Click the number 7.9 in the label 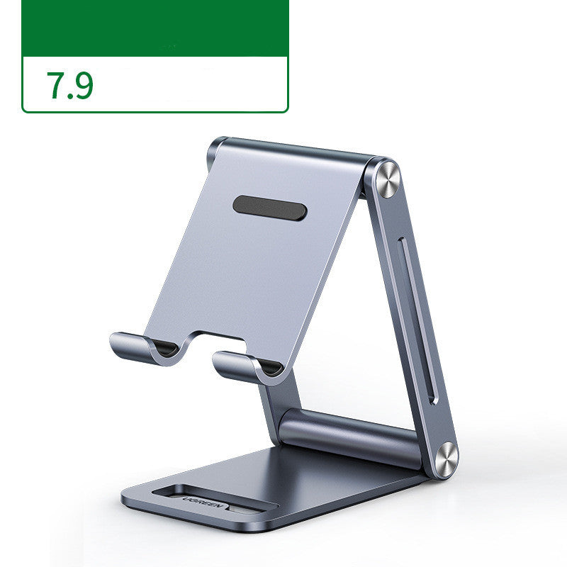coord(69,85)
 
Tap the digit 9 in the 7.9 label coord(84,85)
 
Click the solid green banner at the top coord(155,28)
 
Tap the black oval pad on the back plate coord(270,207)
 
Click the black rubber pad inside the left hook coord(166,348)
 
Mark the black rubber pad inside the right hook coord(270,367)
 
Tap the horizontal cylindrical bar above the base coord(347,436)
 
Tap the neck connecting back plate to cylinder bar coord(273,404)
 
